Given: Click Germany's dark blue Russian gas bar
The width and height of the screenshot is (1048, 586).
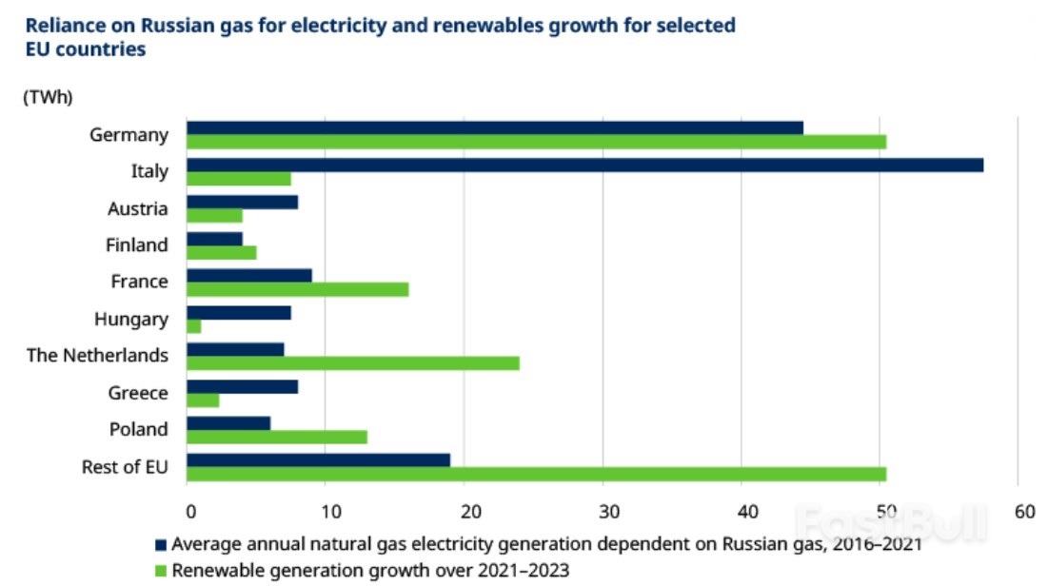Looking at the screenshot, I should (x=495, y=127).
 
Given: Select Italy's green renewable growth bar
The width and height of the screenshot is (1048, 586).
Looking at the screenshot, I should (x=239, y=179).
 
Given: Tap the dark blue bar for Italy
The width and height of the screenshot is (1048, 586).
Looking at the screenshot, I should (x=584, y=165).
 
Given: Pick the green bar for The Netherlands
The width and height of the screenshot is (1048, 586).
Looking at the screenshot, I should (x=353, y=362).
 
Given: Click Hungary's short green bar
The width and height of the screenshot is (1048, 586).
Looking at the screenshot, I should (x=194, y=326).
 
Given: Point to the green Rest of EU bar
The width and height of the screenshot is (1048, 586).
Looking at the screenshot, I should (x=536, y=474).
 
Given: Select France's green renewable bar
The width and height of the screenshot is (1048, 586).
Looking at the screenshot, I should (x=298, y=289).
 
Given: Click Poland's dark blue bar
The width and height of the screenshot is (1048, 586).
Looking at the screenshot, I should (x=228, y=422).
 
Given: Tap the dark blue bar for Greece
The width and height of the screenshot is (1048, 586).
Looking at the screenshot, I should (x=243, y=386).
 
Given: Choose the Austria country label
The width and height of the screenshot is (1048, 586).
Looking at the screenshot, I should (x=139, y=208).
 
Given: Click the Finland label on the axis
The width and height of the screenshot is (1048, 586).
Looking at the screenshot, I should (x=137, y=244).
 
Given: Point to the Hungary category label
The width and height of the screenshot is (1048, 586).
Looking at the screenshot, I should (x=131, y=319).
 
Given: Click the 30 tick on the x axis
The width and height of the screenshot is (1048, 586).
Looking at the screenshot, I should (x=603, y=512).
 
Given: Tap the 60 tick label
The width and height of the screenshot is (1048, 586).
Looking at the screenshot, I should (x=1024, y=512).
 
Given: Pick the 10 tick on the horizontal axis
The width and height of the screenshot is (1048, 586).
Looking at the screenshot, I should (x=326, y=512).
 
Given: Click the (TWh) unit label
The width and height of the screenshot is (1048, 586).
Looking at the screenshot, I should (x=48, y=96).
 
